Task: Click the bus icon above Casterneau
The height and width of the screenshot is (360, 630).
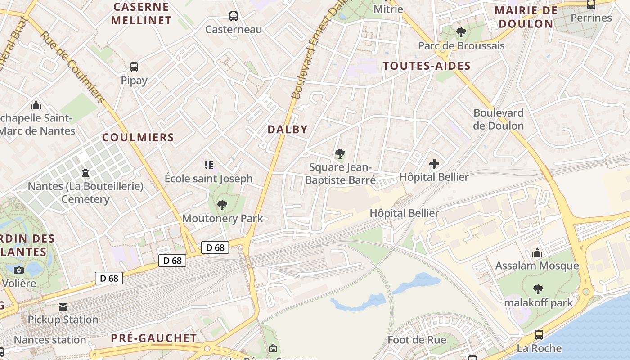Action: point(233,16)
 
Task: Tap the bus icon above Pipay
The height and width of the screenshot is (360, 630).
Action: point(134,67)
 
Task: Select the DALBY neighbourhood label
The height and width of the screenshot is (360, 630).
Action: point(288,130)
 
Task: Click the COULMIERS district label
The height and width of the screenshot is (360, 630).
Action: point(138,138)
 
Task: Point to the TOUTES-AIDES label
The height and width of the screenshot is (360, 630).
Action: point(426,66)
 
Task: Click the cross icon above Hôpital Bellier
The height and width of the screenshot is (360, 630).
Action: point(434,164)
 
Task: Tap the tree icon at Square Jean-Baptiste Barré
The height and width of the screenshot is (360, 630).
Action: point(340,154)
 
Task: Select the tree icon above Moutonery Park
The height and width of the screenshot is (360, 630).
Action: point(222,205)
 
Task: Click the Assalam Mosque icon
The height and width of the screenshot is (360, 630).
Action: point(537,253)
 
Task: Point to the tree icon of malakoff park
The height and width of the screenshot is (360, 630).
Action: point(538,289)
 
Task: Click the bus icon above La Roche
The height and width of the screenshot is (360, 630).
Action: point(539,335)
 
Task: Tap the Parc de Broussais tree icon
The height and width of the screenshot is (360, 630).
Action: point(461,32)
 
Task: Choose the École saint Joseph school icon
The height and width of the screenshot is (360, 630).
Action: point(208,165)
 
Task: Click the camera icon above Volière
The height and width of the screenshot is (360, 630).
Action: point(19,270)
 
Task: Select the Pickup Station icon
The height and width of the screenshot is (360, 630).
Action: point(63,307)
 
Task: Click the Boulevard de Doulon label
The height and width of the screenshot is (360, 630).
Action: point(498,119)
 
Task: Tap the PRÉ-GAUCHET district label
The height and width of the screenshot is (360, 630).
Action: point(153,338)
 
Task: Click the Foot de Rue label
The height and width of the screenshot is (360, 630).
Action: point(417,340)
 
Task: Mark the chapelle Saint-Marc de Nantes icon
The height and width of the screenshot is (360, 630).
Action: point(36,105)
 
